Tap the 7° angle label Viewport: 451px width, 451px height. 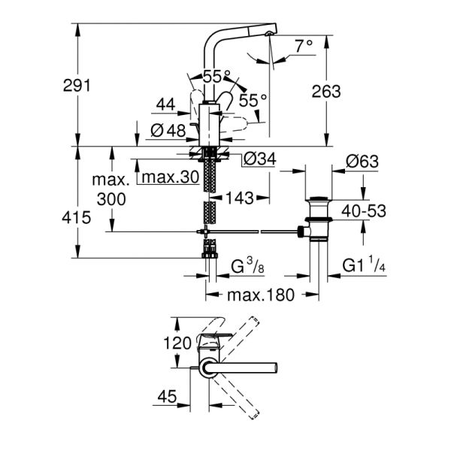click(303, 46)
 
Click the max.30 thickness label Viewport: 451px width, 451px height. click(169, 178)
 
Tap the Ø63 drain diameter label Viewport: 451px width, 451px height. click(363, 160)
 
